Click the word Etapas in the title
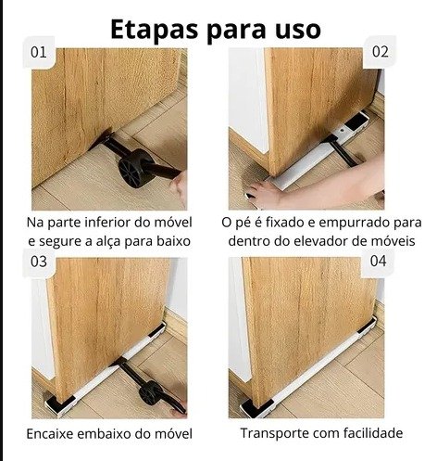[154, 30]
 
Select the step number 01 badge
[39, 52]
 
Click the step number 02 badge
[380, 52]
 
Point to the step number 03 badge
[39, 262]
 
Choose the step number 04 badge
[378, 262]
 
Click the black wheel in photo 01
[135, 168]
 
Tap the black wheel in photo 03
[150, 392]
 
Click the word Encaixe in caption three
[50, 433]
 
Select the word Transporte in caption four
[274, 433]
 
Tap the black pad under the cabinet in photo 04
[256, 407]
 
